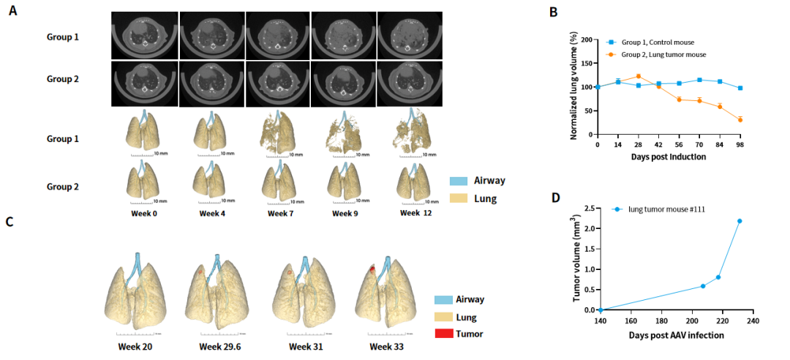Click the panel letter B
[554, 12]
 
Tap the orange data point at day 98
[741, 120]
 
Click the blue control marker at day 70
[700, 80]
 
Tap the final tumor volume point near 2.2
[739, 221]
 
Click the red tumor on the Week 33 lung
[372, 270]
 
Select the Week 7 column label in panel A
[279, 213]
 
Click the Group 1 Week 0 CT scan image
[145, 34]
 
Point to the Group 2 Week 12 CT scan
[410, 83]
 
